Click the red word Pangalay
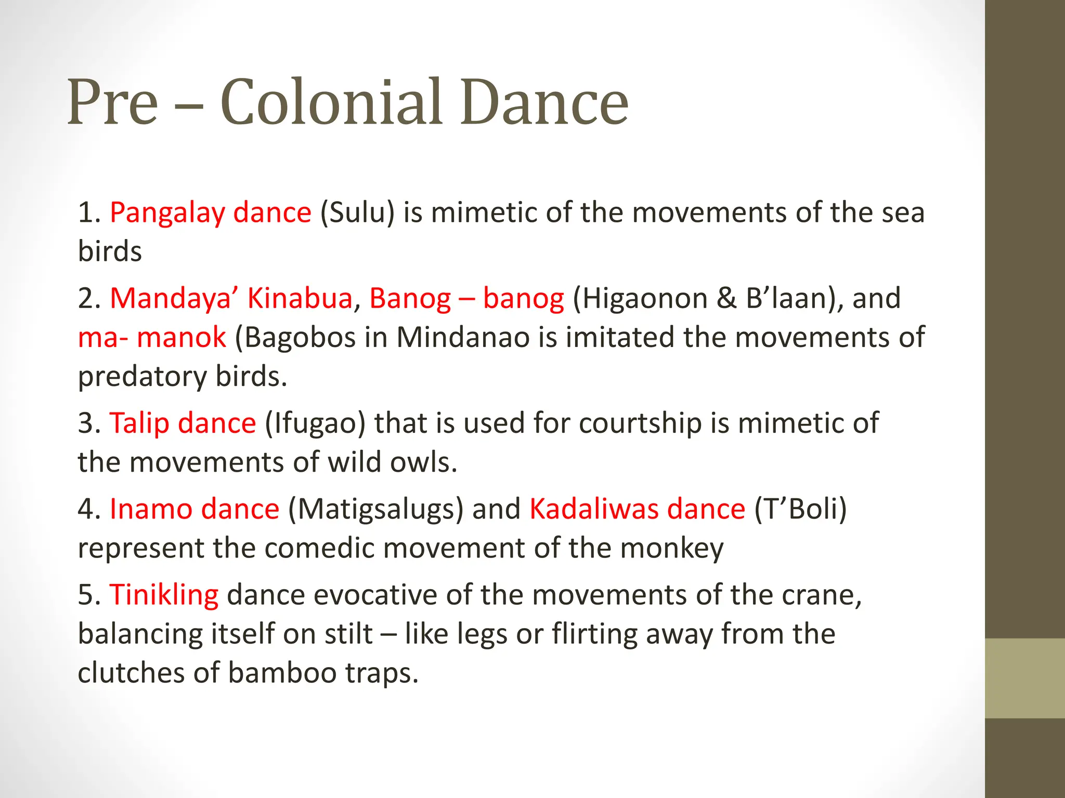(167, 213)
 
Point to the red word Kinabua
(300, 299)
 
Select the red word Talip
(139, 423)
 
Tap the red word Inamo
(150, 509)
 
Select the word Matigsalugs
(375, 509)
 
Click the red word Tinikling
(164, 595)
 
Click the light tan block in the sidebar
(1025, 678)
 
